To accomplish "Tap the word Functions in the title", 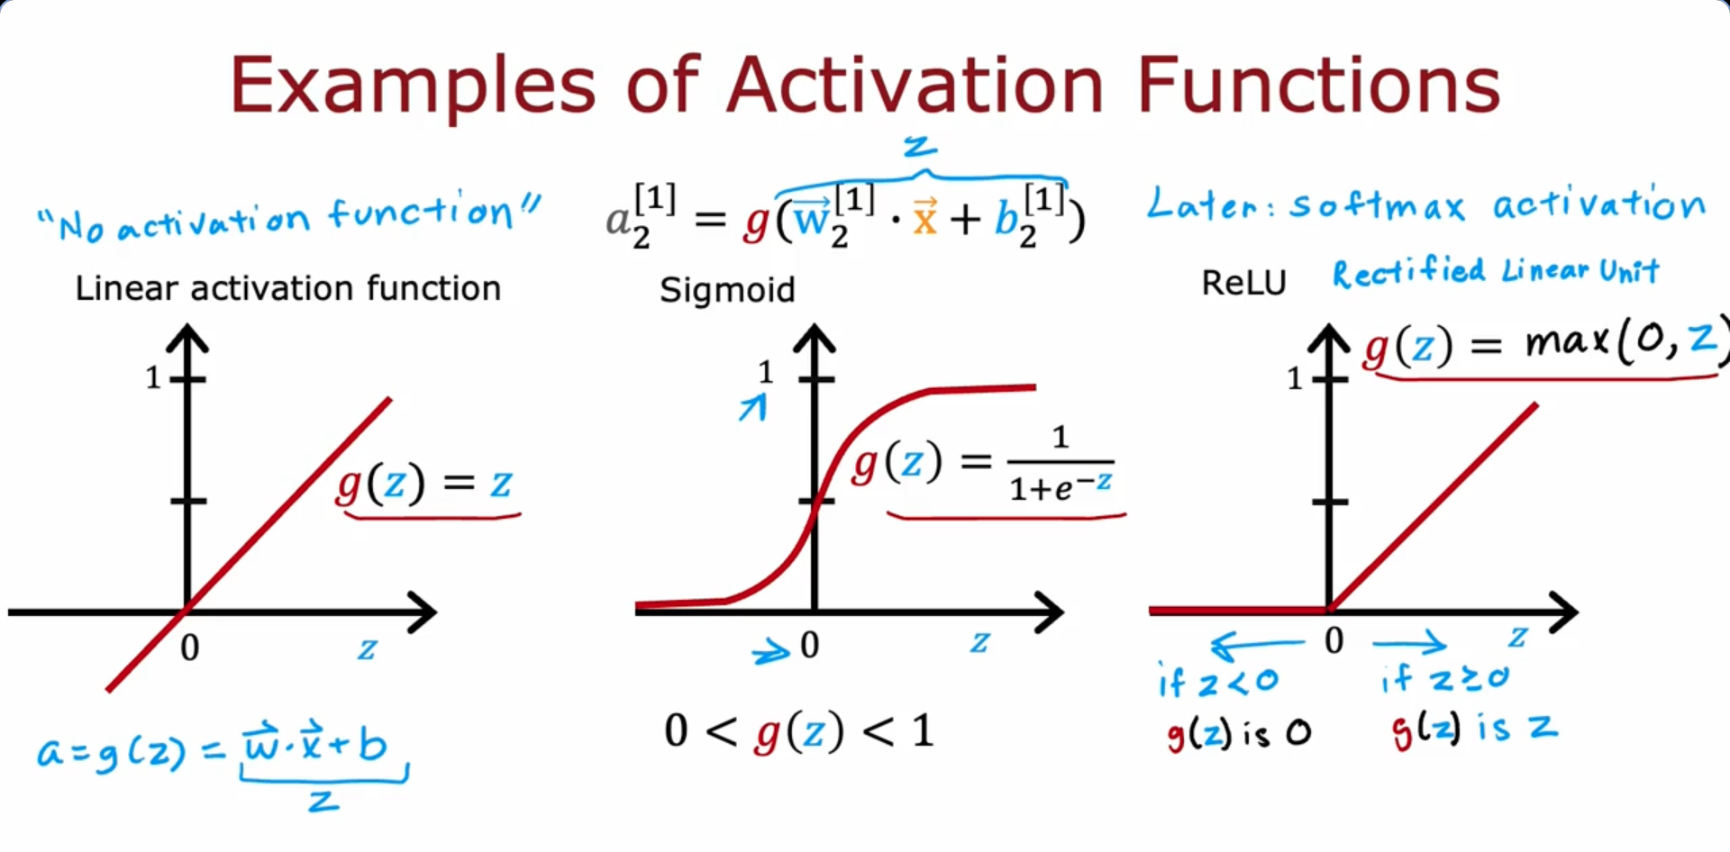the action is (1318, 85).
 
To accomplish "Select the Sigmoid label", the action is (727, 291).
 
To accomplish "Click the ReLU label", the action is (1243, 283).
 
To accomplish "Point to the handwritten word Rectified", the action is (1409, 271).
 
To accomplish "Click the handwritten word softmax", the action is (1378, 205).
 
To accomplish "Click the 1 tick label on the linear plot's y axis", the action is (153, 377).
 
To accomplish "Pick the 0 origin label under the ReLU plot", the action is (1334, 641).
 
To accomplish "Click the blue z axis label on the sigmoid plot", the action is (980, 643).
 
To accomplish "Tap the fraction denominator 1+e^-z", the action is (1061, 487).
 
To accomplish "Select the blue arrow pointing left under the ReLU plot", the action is (1257, 645).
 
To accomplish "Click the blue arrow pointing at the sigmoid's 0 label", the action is (771, 651).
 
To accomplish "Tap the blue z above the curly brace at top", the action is (920, 146).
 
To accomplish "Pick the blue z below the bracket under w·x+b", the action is (323, 800).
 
